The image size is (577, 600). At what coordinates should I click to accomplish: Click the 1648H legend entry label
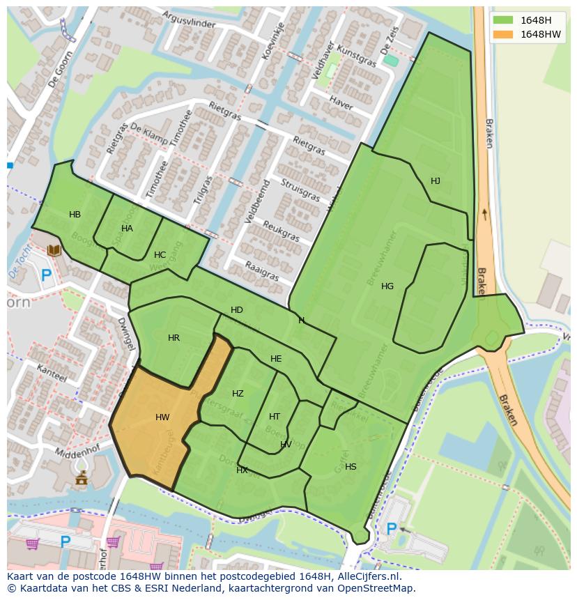pyautogui.click(x=535, y=20)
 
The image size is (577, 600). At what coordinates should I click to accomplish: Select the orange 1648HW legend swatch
pyautogui.click(x=502, y=34)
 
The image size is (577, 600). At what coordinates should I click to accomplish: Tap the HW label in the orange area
pyautogui.click(x=162, y=417)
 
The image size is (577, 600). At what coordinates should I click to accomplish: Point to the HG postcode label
pyautogui.click(x=387, y=286)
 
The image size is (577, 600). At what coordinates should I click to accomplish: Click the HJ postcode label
pyautogui.click(x=436, y=181)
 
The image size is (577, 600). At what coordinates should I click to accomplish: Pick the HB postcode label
pyautogui.click(x=75, y=215)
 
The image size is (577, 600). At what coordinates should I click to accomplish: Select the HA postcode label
pyautogui.click(x=127, y=229)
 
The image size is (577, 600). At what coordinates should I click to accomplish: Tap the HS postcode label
pyautogui.click(x=351, y=467)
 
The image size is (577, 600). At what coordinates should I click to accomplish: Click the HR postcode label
pyautogui.click(x=174, y=338)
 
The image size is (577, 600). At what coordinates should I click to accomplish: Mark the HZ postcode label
pyautogui.click(x=238, y=394)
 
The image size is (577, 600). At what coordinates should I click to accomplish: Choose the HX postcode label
pyautogui.click(x=242, y=470)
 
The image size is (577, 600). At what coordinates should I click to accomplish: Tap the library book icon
pyautogui.click(x=54, y=250)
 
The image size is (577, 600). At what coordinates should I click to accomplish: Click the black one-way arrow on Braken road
pyautogui.click(x=485, y=213)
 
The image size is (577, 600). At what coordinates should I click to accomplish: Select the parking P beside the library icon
pyautogui.click(x=46, y=275)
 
